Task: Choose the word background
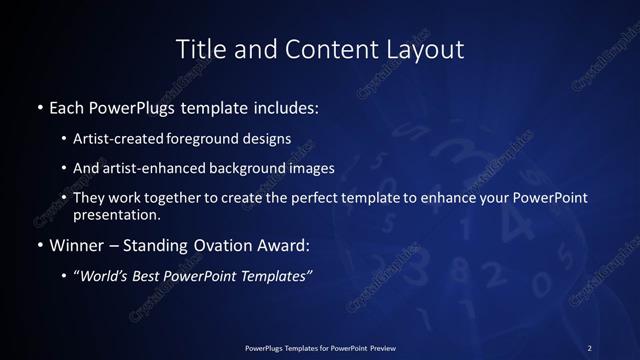pos(247,168)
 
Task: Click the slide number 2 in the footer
pos(589,347)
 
